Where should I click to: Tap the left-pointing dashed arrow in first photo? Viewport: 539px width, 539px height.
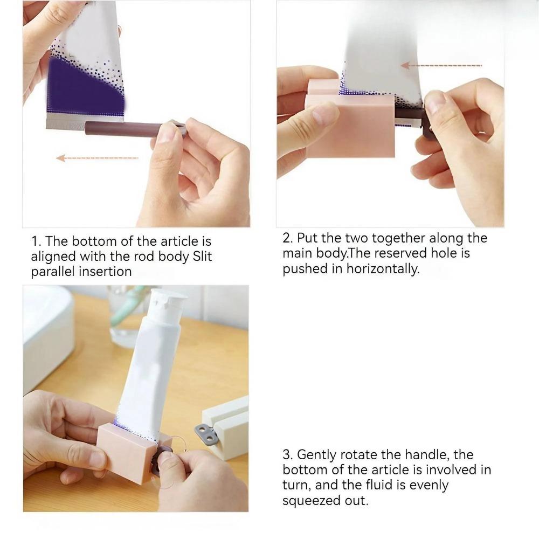[97, 158]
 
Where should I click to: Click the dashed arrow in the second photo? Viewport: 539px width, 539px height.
[447, 66]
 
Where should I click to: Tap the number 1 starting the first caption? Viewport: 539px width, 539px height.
[34, 241]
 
